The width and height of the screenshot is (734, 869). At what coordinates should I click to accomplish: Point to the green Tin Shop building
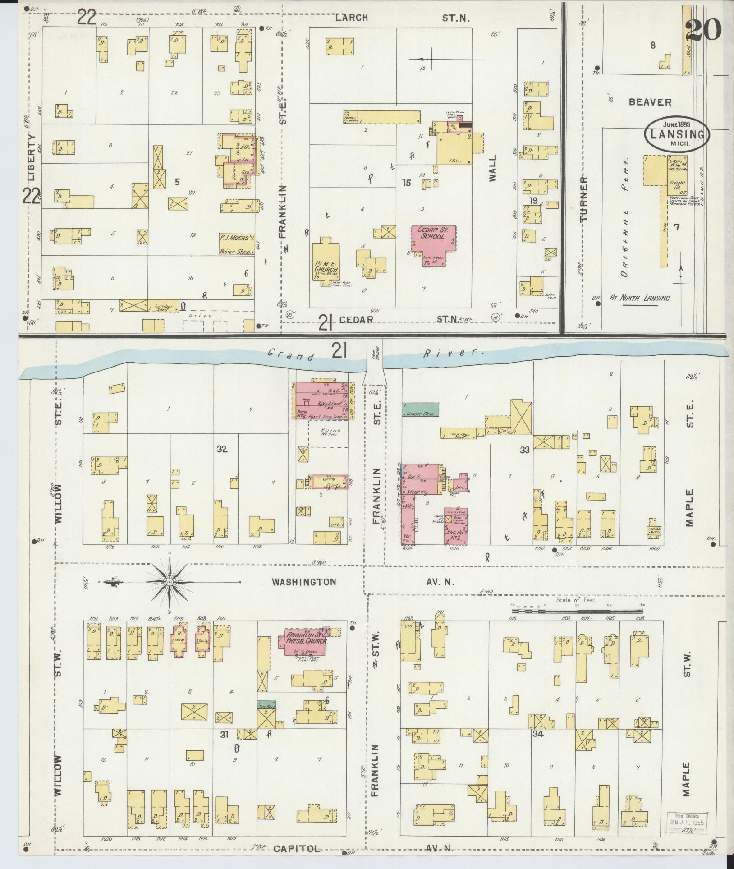[266, 707]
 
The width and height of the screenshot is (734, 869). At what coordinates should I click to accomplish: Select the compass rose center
[169, 583]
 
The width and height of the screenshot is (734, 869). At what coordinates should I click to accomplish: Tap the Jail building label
[460, 487]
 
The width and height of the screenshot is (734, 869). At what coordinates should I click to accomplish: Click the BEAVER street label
[650, 102]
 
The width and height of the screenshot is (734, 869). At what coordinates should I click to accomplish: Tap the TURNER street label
[585, 199]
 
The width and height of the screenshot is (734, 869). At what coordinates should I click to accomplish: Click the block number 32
[221, 449]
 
